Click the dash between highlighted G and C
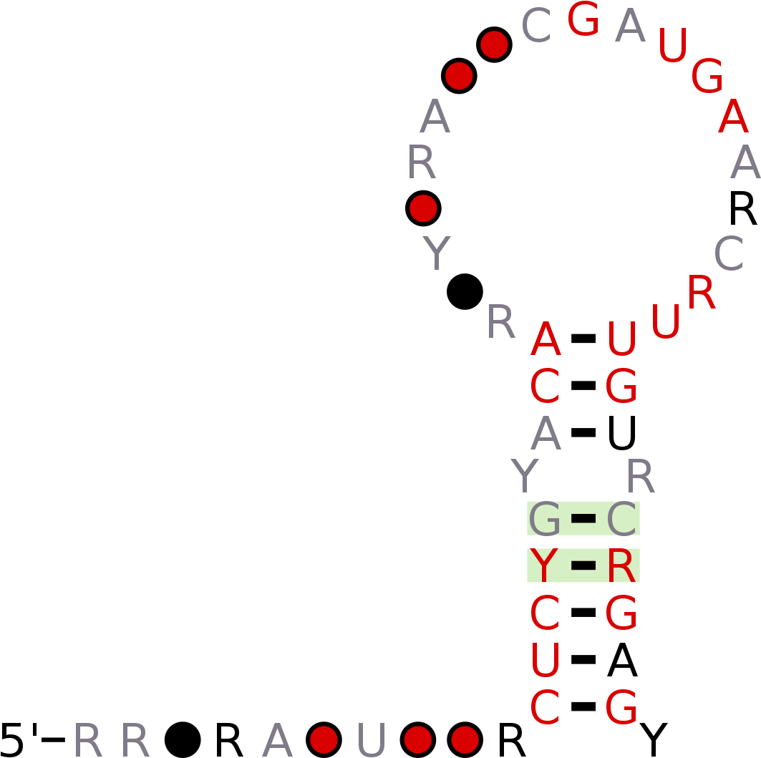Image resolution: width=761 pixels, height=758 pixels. click(583, 518)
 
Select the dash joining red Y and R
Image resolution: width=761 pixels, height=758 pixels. click(583, 565)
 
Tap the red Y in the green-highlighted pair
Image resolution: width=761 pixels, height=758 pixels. click(543, 566)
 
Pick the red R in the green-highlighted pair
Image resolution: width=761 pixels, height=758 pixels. click(621, 566)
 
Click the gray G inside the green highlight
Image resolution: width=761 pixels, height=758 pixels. click(545, 520)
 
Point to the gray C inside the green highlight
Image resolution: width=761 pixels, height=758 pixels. click(621, 520)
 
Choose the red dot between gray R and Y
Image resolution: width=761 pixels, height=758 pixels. click(423, 208)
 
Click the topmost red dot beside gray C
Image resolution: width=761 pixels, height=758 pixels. click(495, 44)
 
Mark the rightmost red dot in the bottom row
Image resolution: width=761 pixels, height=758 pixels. click(465, 739)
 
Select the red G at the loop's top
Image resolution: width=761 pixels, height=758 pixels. click(583, 19)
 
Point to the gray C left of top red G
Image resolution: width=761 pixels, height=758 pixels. click(536, 26)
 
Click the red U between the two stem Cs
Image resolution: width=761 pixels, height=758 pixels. click(545, 661)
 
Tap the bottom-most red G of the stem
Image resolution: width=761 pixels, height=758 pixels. click(621, 709)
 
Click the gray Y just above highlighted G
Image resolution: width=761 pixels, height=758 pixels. click(525, 476)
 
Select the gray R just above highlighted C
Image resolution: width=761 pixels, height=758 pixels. click(640, 476)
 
